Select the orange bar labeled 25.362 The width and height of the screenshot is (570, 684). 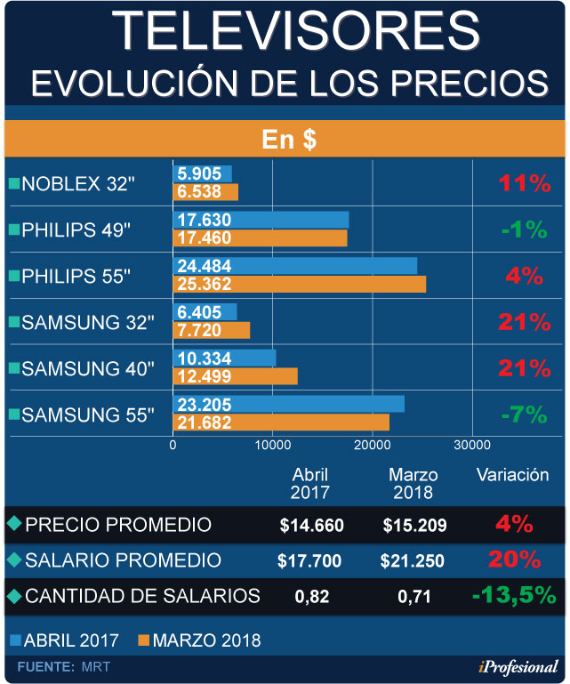click(x=299, y=285)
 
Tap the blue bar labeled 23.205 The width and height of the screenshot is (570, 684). click(x=288, y=403)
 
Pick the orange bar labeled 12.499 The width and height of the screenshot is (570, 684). click(x=235, y=377)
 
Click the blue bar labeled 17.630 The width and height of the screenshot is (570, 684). click(x=261, y=220)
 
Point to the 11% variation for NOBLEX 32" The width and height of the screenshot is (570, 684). click(x=525, y=184)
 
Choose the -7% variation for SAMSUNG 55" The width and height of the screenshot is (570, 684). click(x=525, y=414)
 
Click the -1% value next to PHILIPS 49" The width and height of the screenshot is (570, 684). click(x=524, y=230)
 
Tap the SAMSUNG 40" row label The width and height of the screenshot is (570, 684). click(x=87, y=368)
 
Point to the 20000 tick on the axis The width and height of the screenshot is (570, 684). click(x=372, y=444)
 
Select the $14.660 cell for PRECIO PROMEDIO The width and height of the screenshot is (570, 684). click(x=311, y=526)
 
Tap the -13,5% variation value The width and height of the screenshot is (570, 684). click(x=514, y=595)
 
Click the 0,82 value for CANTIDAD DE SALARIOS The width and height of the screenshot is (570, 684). click(x=310, y=596)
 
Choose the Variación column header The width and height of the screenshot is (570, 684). click(x=513, y=475)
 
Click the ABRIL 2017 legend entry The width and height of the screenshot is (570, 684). click(x=69, y=640)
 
